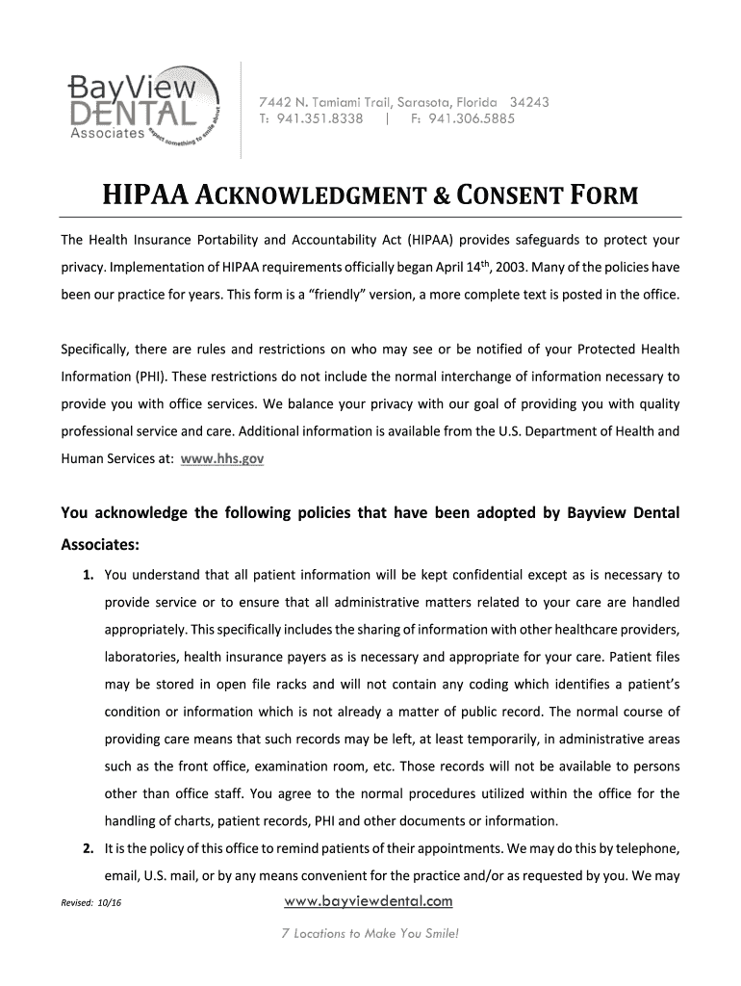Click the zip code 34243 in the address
click(x=529, y=102)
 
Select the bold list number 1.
click(x=88, y=576)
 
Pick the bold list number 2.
click(x=88, y=849)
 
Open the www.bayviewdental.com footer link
click(x=370, y=901)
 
